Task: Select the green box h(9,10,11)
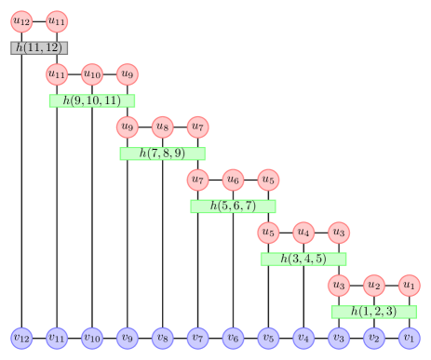point(92,100)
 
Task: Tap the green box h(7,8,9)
point(162,153)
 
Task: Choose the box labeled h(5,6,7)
point(233,207)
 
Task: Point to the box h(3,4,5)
point(303,259)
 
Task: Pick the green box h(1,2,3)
point(373,312)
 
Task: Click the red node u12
point(21,20)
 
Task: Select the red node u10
point(92,73)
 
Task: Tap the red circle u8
point(162,126)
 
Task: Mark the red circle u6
point(233,179)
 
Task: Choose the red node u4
point(303,231)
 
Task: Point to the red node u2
point(373,284)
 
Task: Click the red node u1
point(409,284)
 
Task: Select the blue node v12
point(21,337)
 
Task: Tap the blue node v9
point(127,337)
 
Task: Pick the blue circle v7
point(197,337)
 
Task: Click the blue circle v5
point(268,337)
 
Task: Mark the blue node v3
point(338,337)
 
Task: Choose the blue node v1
point(409,337)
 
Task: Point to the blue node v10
point(92,337)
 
